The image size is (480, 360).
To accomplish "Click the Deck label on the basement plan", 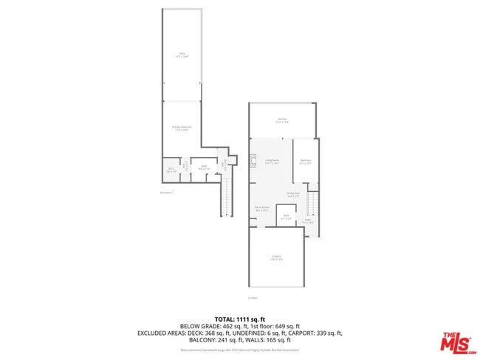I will (182, 54).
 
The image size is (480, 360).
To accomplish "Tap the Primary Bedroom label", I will (182, 128).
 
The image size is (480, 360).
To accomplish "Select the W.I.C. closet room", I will (171, 170).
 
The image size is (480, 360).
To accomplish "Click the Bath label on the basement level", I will (204, 167).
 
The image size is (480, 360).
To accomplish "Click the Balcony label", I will (282, 120).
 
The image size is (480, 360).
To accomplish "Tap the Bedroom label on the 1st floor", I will (306, 162).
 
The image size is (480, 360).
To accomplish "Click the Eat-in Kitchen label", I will (261, 210).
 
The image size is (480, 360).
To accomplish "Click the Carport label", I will (276, 258).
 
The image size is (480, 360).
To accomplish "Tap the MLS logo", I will (457, 342).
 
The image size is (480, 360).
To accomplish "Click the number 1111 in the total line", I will (247, 319).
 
